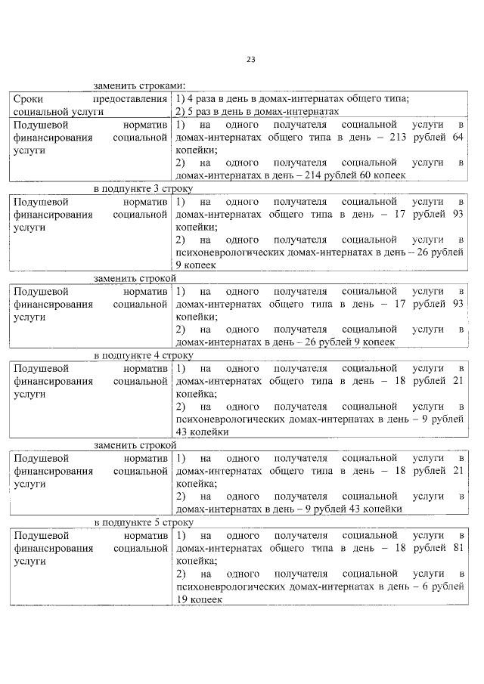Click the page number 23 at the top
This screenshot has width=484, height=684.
250,60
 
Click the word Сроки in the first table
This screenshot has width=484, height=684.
29,98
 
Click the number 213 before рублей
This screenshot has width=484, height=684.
398,138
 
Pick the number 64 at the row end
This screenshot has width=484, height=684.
457,138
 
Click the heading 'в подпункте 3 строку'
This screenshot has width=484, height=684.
143,187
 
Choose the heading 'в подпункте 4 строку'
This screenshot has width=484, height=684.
143,354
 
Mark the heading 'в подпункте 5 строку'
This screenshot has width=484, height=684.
143,522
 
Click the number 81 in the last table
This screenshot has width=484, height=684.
457,548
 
